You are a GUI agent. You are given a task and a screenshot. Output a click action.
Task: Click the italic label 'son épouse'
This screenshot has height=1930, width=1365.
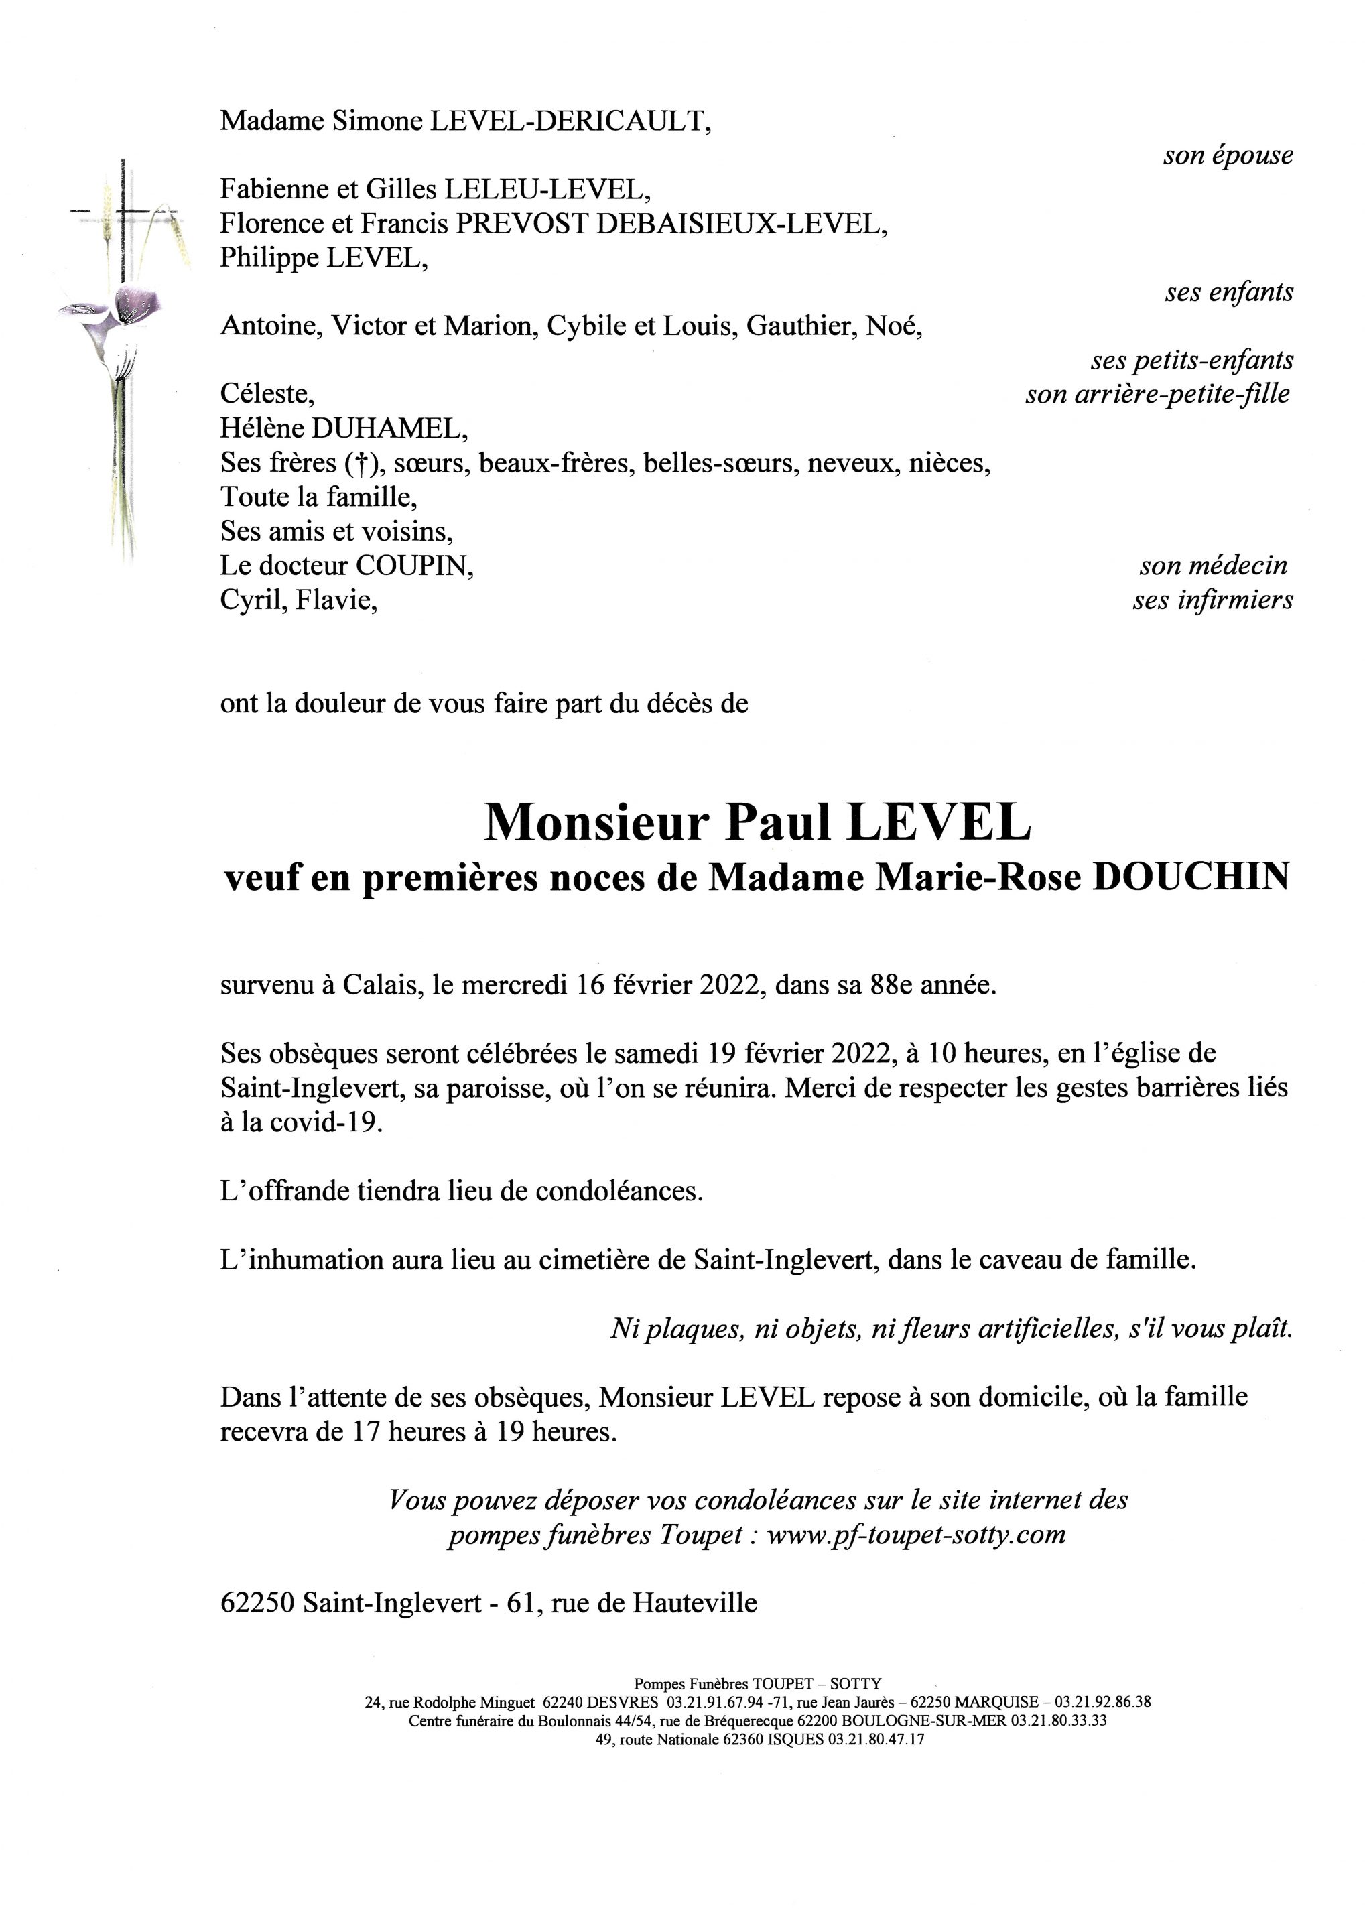click(1228, 156)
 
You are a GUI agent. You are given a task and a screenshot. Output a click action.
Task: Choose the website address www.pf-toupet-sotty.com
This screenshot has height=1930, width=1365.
click(916, 1535)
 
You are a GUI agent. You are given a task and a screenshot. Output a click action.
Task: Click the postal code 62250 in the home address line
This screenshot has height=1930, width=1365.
click(257, 1603)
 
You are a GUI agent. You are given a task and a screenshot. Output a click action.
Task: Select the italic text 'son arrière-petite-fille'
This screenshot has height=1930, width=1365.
click(1157, 394)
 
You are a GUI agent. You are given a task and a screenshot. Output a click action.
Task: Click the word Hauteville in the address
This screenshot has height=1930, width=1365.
click(694, 1603)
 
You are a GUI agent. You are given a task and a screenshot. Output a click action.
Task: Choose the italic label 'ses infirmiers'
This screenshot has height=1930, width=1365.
click(1212, 601)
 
